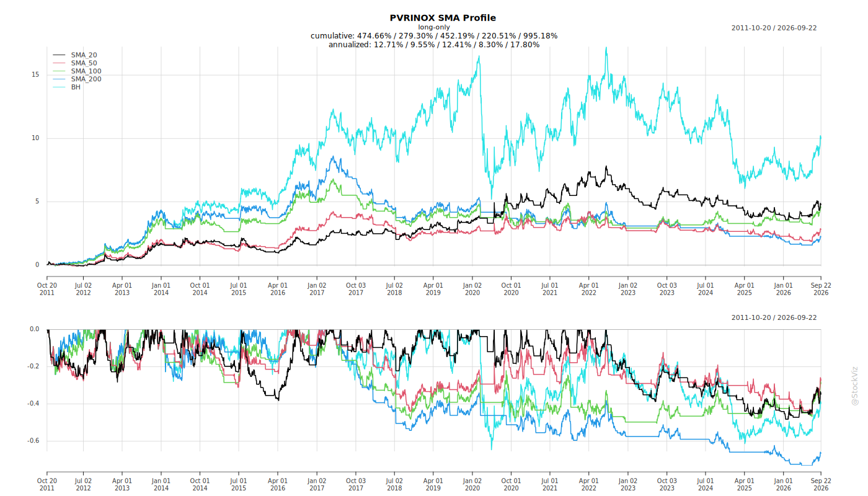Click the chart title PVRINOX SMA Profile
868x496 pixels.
click(x=443, y=18)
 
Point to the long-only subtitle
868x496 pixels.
click(x=434, y=27)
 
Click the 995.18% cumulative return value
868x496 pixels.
click(x=540, y=36)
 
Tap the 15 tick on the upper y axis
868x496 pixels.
click(x=35, y=74)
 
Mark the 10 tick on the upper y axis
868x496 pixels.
click(x=35, y=138)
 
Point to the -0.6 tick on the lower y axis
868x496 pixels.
click(x=33, y=441)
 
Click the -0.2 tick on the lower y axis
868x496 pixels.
click(x=33, y=366)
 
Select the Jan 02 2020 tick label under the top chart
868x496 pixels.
click(x=472, y=289)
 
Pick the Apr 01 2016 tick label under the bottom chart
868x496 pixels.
click(x=278, y=484)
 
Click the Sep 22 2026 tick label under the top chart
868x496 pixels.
click(x=821, y=289)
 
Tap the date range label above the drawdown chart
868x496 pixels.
click(x=774, y=317)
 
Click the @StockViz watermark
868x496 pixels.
click(x=855, y=386)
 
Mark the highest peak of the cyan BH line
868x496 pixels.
click(x=606, y=48)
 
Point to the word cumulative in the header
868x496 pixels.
click(x=332, y=36)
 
